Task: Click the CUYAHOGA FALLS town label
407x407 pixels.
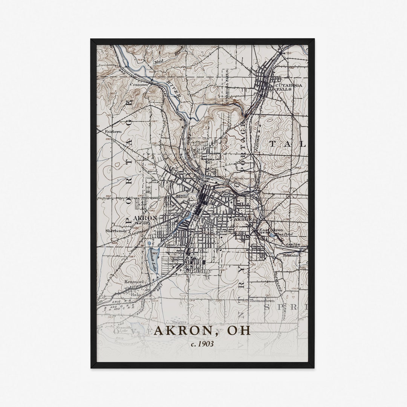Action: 289,87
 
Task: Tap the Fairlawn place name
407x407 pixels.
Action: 113,132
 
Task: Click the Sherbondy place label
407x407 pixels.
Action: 116,231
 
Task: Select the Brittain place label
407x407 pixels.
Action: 291,255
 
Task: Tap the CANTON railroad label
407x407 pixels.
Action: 294,245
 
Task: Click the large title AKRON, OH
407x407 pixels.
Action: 202,330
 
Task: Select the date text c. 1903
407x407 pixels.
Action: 202,344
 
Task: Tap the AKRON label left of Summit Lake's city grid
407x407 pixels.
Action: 145,218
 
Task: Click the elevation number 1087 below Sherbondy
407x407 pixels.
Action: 131,257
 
